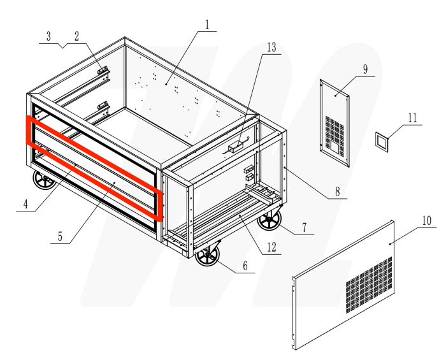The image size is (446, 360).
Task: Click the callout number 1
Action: (x=207, y=24)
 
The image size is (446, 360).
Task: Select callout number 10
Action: (x=426, y=221)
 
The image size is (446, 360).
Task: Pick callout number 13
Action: (x=272, y=48)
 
